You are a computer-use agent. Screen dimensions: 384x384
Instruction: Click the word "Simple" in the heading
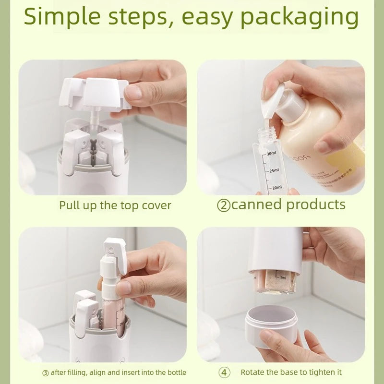tap(62, 17)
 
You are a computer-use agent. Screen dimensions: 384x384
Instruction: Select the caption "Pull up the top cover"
tap(115, 205)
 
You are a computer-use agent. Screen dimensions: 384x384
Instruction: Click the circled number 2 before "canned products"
tap(223, 205)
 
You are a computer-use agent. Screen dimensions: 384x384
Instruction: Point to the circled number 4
tap(224, 372)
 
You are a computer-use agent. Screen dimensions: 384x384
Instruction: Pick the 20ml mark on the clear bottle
tap(276, 187)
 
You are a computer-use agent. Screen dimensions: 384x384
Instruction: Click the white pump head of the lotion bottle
tap(283, 98)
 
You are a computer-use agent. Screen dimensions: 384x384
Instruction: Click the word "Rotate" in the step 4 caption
tap(252, 372)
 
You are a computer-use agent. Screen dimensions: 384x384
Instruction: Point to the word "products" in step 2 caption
tap(315, 205)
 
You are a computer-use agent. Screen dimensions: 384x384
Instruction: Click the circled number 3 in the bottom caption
tap(46, 372)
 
